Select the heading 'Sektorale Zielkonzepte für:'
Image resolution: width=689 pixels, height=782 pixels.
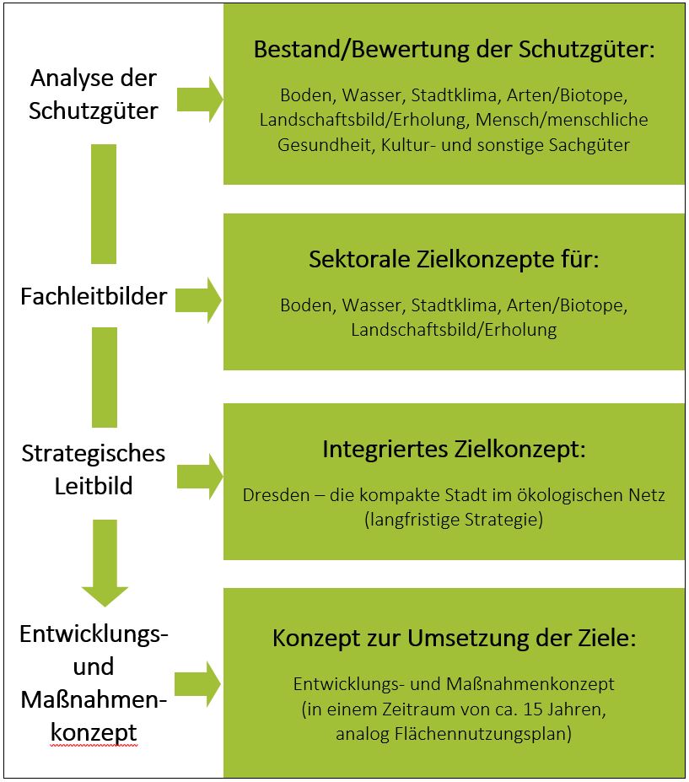coord(454,259)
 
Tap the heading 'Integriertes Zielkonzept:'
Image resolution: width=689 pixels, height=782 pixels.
coord(454,449)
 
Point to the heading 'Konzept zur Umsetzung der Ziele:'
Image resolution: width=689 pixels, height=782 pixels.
coord(454,639)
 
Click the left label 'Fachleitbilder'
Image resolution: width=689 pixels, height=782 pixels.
coord(94,296)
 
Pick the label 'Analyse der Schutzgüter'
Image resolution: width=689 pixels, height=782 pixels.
coord(94,94)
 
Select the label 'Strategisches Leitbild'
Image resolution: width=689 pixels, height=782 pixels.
coord(94,470)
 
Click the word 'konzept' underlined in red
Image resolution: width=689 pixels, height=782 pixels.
coord(94,733)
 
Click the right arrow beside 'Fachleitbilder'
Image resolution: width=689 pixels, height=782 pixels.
coord(199,298)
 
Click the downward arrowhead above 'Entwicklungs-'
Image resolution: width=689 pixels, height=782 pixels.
coord(104,591)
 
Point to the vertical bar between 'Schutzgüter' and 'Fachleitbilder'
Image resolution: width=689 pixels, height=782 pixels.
coord(104,203)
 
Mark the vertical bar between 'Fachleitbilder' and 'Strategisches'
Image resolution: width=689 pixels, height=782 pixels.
coord(104,377)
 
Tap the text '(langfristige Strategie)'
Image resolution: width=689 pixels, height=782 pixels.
coord(454,520)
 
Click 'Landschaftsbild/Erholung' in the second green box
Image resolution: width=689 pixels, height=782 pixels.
coord(454,330)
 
